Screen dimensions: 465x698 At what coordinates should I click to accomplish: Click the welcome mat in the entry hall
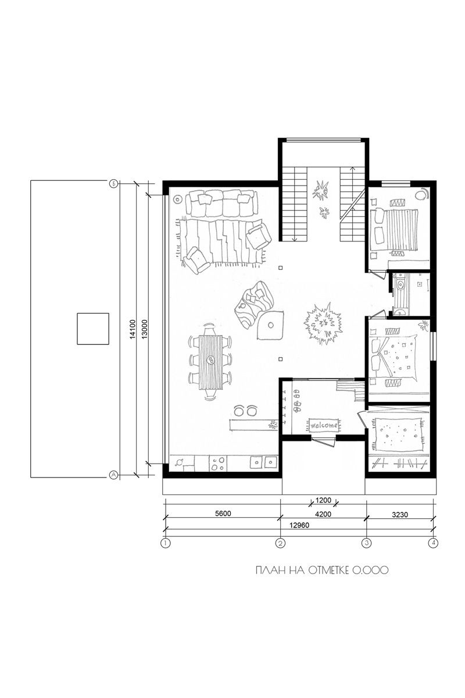324,425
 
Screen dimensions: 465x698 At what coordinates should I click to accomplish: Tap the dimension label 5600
223,513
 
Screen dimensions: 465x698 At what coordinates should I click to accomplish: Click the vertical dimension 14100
133,329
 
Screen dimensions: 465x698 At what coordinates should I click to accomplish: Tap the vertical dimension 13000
145,329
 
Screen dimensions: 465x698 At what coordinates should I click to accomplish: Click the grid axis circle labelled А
114,475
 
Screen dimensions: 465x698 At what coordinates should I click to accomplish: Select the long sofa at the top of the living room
222,204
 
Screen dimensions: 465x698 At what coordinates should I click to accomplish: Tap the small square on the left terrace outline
93,329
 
